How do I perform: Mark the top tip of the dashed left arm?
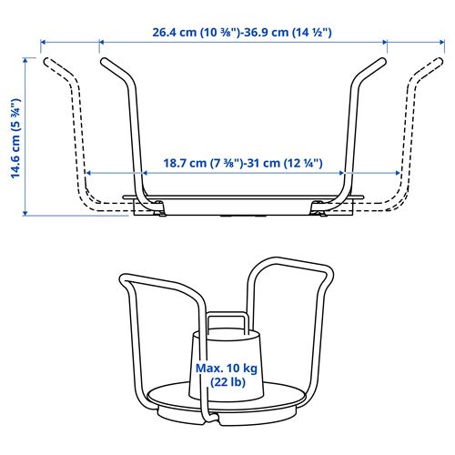tap(47, 62)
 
